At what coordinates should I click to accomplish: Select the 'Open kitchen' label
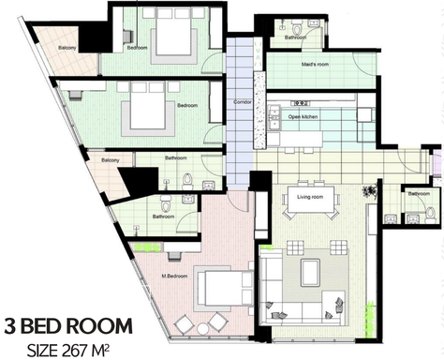tap(303, 116)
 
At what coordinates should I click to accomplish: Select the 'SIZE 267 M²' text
tap(71, 349)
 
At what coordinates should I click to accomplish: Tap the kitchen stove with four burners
tap(303, 103)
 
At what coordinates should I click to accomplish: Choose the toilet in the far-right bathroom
tap(413, 216)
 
